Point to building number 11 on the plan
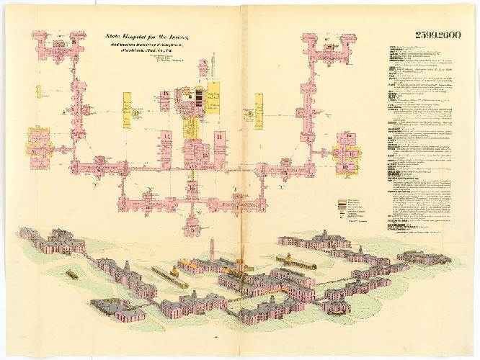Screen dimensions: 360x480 pos(218,136)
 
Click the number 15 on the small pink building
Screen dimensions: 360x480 pos(165,95)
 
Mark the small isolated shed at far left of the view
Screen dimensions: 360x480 pos(72,274)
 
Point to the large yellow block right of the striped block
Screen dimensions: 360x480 pos(213,97)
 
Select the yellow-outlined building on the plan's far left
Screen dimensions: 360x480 pos(37,141)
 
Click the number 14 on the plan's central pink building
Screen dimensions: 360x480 pos(165,137)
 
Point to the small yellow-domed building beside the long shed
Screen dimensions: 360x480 pos(289,257)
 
